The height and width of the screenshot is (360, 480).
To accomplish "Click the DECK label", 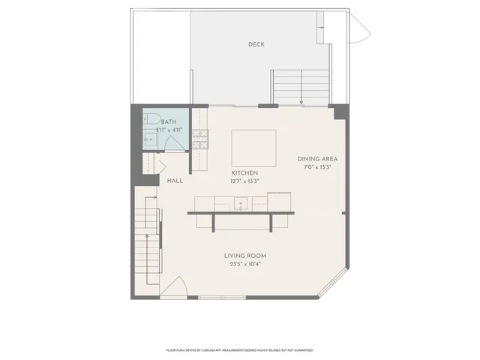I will (x=256, y=44).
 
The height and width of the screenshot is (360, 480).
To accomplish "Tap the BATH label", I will (x=169, y=122).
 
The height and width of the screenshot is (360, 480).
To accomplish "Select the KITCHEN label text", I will (x=245, y=173).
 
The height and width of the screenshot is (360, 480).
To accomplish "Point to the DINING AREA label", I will (x=318, y=159).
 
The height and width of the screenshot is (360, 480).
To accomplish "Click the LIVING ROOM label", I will (x=245, y=256).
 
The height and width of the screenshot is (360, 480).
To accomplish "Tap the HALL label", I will (x=175, y=181).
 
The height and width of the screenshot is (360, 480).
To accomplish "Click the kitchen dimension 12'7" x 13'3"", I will (x=245, y=181).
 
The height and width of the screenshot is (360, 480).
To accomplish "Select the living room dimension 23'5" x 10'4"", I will (x=245, y=264).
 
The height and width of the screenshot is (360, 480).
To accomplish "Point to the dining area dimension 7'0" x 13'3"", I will (x=318, y=167).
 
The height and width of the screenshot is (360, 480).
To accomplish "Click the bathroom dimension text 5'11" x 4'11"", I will (x=169, y=130).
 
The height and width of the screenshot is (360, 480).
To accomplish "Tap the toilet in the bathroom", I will (x=150, y=119).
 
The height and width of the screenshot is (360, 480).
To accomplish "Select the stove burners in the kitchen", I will (x=201, y=138).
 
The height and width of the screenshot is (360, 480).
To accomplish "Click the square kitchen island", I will (x=253, y=147).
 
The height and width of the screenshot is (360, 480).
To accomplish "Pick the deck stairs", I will (x=301, y=85).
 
